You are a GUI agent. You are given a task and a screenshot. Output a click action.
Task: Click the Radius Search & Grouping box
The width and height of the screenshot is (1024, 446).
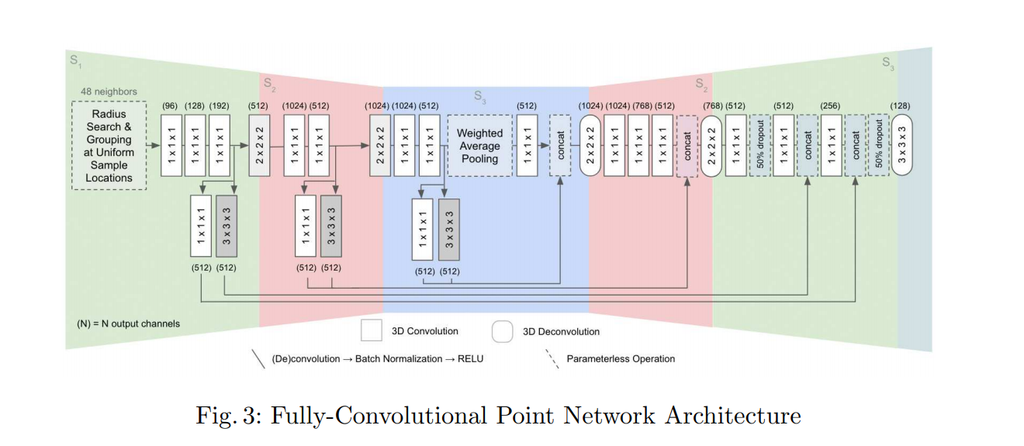[109, 146]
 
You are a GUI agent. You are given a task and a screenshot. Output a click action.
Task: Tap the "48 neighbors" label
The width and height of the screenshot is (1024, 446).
[109, 92]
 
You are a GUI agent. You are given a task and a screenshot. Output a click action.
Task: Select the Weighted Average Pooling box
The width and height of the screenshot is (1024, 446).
[479, 145]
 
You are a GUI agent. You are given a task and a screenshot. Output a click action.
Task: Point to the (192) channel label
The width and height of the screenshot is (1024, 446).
[220, 105]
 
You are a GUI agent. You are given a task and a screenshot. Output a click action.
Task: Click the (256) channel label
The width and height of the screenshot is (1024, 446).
[832, 105]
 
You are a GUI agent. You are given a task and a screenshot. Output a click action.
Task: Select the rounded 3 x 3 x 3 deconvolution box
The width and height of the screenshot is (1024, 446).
[902, 145]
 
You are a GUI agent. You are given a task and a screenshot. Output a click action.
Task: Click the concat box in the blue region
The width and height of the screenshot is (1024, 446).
[561, 145]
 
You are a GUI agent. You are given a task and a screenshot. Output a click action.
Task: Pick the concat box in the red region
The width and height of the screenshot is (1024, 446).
[687, 145]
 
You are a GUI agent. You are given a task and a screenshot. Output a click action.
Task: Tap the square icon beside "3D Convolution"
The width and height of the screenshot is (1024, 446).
[371, 331]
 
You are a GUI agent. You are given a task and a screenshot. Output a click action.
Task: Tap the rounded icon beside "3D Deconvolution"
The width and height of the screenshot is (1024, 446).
[503, 331]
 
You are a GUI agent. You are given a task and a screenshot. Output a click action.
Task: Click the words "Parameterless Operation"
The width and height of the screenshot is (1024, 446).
[621, 358]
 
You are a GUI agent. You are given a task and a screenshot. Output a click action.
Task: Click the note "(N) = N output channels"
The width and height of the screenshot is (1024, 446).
[123, 323]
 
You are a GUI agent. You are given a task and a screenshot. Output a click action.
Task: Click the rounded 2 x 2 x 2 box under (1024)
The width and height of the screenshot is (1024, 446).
[590, 145]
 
